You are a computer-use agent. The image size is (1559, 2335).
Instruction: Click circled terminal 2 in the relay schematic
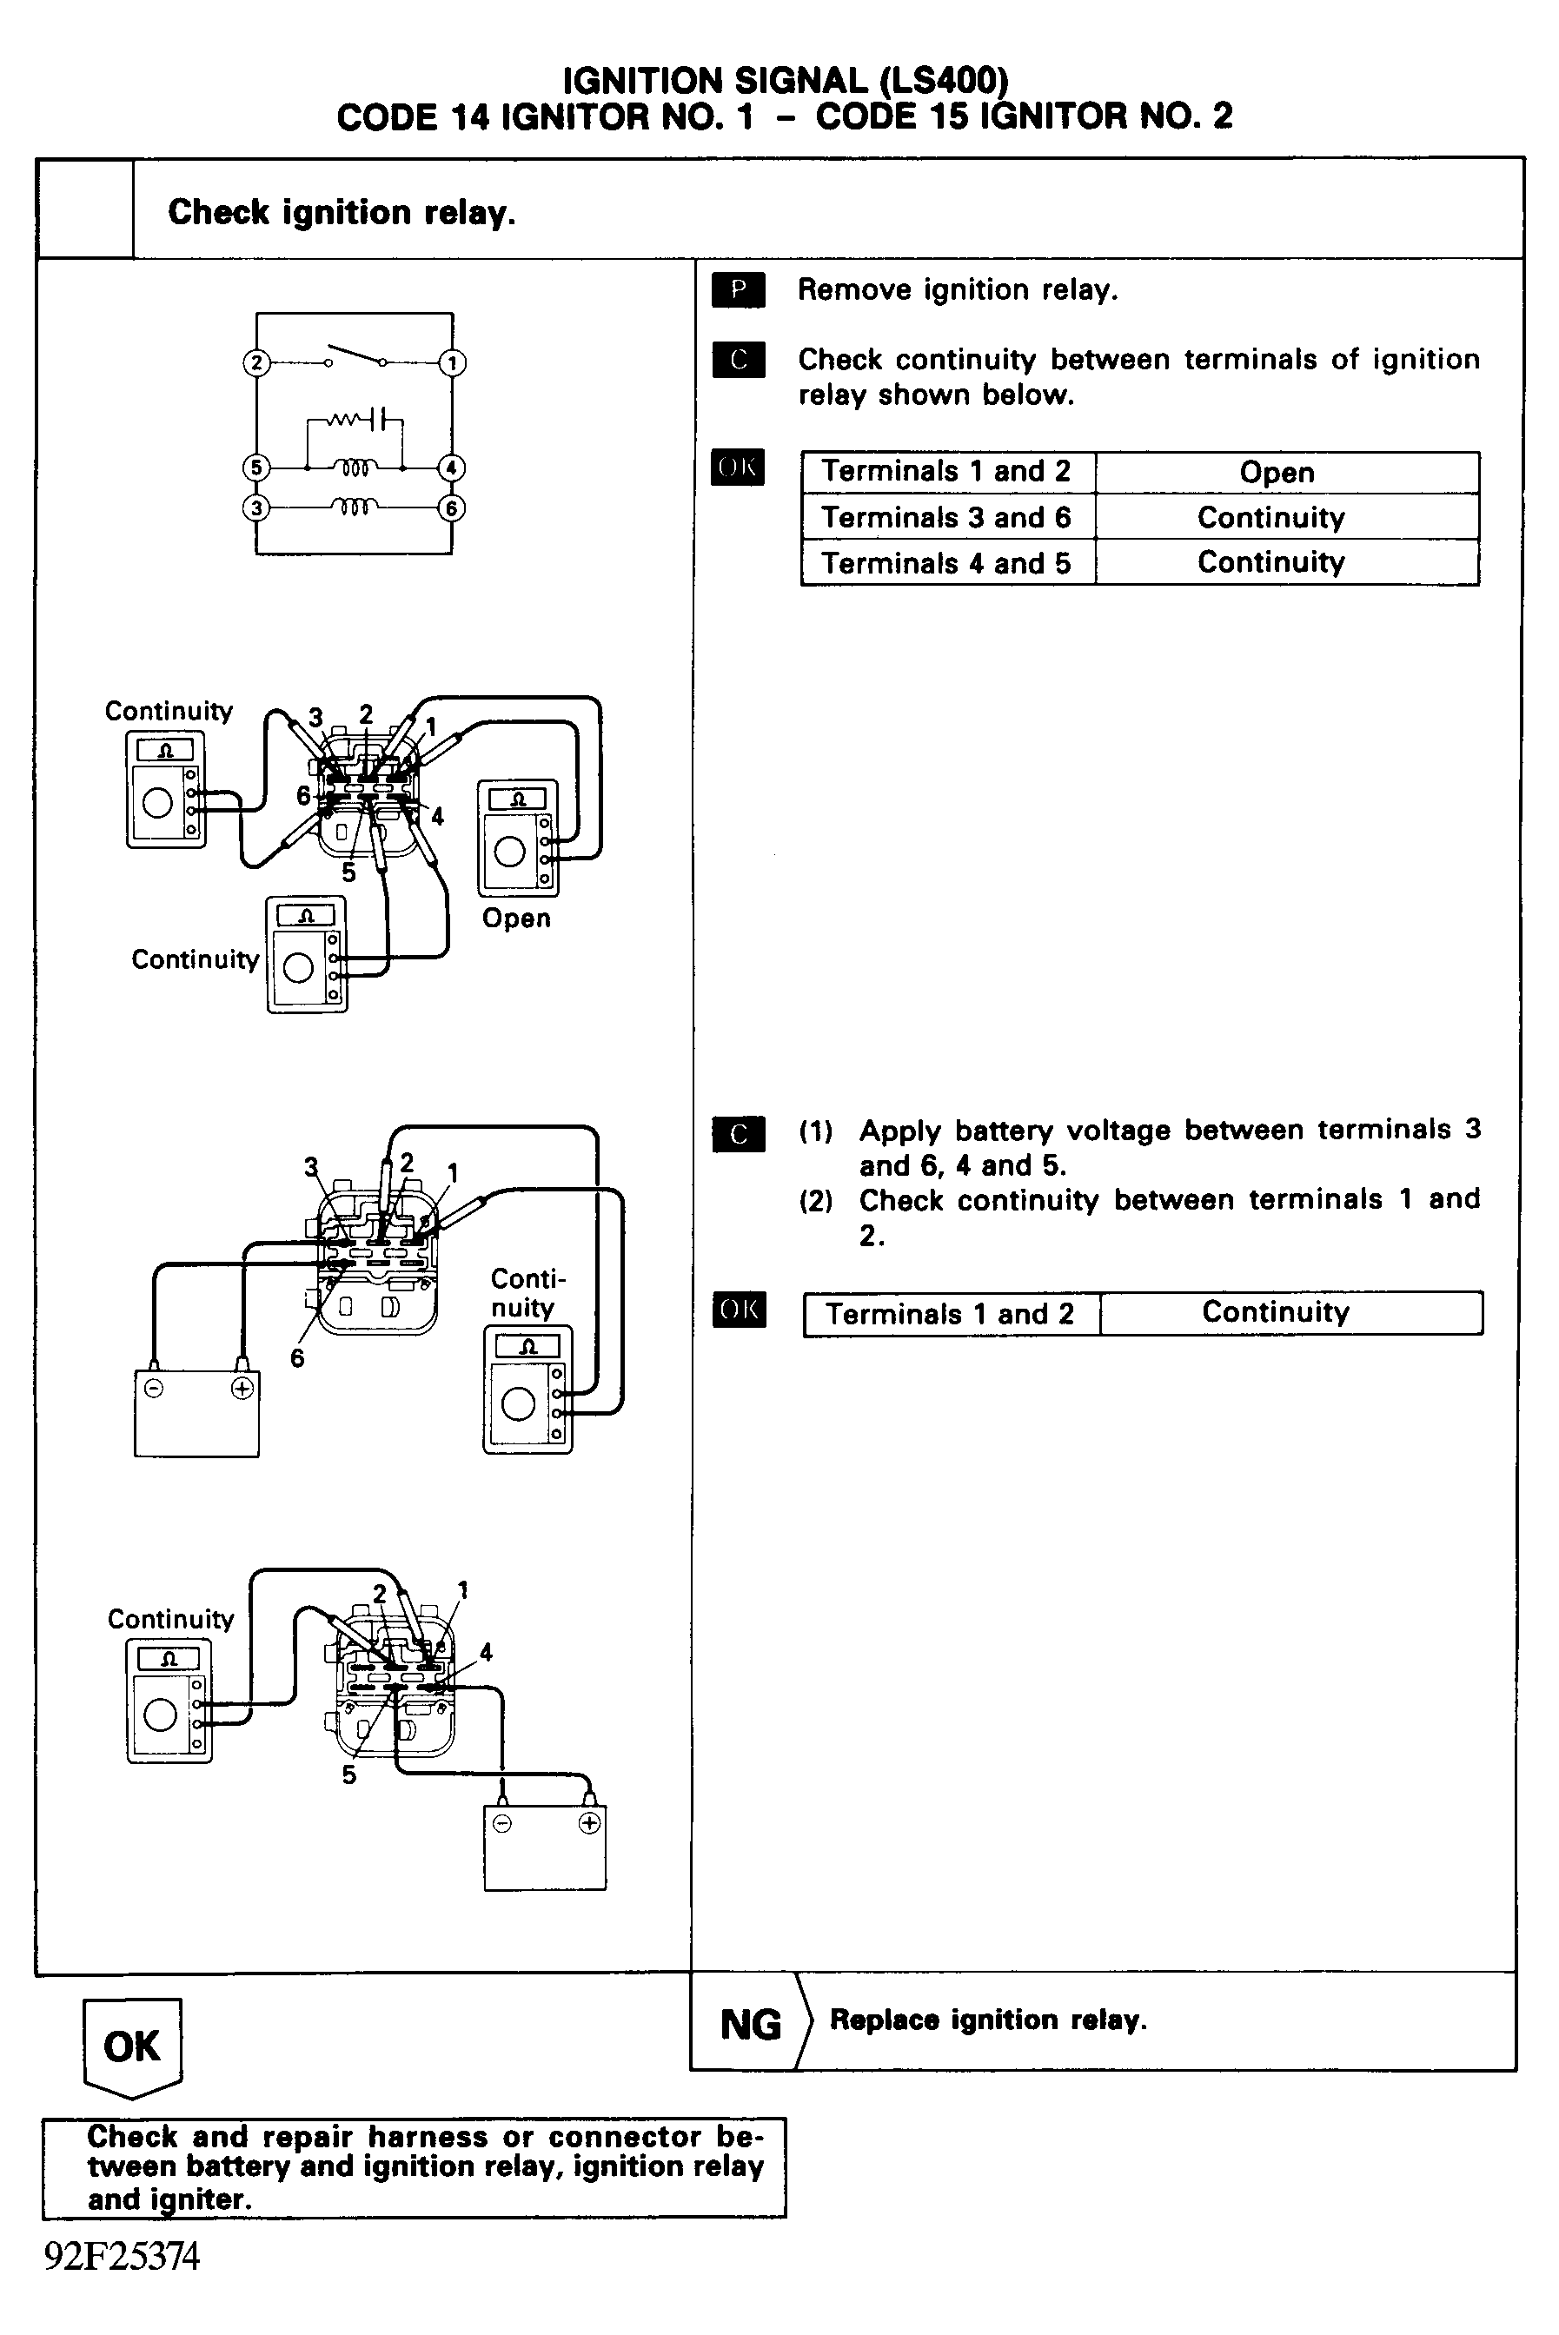point(256,363)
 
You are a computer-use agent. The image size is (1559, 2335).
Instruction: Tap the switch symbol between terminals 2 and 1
point(355,357)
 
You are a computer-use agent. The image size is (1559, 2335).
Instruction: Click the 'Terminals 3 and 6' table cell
point(946,518)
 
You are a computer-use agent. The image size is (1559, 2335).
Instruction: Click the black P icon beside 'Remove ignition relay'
point(738,289)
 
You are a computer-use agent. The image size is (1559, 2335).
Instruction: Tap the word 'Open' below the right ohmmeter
point(516,919)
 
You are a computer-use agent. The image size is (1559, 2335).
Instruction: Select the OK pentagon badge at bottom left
point(131,2046)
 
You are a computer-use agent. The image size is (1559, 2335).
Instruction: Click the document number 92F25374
point(123,2257)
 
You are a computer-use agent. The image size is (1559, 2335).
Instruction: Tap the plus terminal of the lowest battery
point(589,1823)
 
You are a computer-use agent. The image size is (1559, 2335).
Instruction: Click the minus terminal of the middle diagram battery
point(154,1389)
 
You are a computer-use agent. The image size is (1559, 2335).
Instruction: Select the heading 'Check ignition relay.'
point(341,213)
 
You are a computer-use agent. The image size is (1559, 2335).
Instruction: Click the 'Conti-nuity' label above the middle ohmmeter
point(527,1292)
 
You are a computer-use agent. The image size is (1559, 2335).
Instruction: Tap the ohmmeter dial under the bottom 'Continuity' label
point(160,1714)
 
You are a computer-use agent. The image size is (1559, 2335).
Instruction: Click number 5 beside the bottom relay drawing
point(349,1775)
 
